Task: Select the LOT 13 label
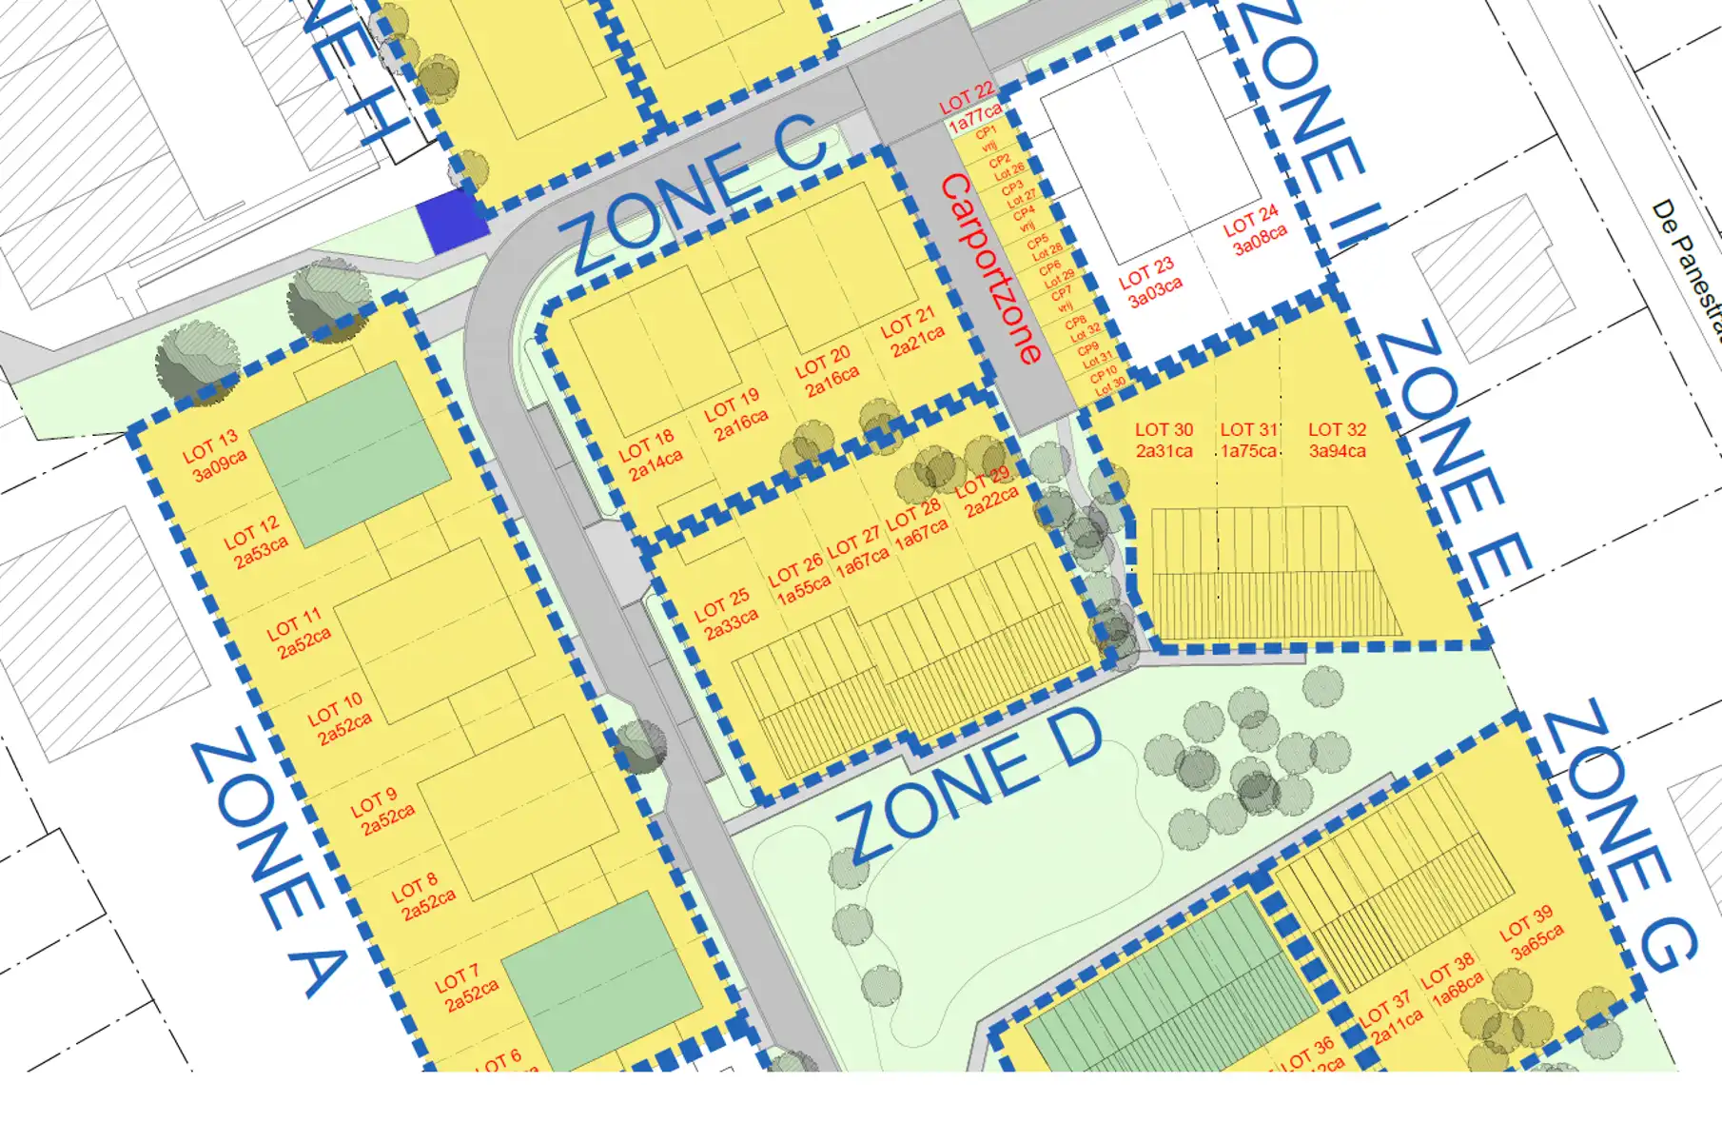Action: click(x=209, y=444)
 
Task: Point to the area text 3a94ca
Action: click(x=1337, y=451)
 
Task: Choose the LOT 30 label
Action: click(x=1164, y=430)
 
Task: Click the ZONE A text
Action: click(x=268, y=866)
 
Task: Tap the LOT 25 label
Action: click(x=721, y=603)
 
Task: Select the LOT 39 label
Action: click(x=1526, y=922)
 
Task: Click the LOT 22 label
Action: click(x=966, y=97)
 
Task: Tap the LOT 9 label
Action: click(x=373, y=801)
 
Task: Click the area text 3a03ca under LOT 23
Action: click(x=1156, y=291)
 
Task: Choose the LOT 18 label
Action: click(x=646, y=444)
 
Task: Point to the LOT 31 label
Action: click(x=1248, y=430)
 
